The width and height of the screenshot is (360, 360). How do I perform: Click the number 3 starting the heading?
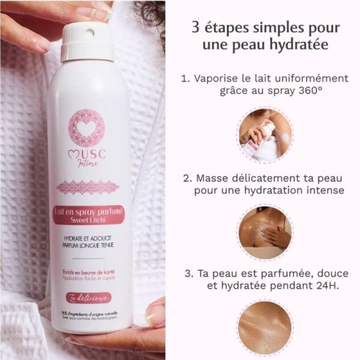[194, 28]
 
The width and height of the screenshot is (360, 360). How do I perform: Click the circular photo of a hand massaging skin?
[265, 232]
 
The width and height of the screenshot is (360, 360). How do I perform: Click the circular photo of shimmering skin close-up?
[265, 329]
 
